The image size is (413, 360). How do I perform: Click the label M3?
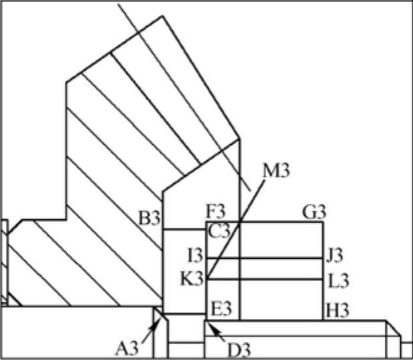click(x=276, y=170)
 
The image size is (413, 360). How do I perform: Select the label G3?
click(x=314, y=213)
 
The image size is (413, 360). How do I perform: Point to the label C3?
click(x=219, y=232)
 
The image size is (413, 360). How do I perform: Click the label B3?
click(x=148, y=219)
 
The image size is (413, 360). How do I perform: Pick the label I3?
click(x=194, y=255)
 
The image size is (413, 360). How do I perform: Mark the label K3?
click(x=192, y=278)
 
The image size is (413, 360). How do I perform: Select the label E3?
click(x=221, y=309)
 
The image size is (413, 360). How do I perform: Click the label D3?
click(x=238, y=349)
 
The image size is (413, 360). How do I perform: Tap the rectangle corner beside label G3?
click(x=323, y=222)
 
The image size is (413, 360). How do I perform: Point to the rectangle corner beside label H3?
click(x=323, y=320)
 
